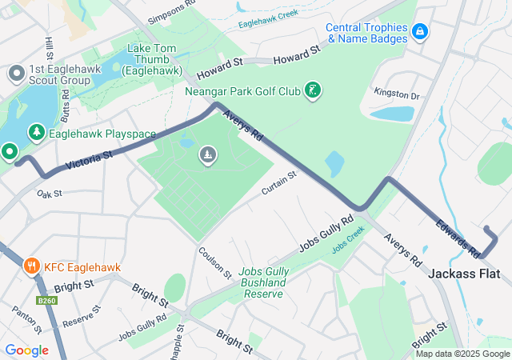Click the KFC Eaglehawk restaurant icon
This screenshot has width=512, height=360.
[32, 265]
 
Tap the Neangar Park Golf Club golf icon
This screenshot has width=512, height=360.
[314, 90]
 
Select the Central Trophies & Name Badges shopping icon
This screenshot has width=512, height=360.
[419, 32]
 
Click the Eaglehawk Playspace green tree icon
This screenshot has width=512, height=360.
[35, 133]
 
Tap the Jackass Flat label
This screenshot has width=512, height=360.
[464, 274]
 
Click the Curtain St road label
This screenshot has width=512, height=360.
[278, 182]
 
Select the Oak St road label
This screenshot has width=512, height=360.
[49, 194]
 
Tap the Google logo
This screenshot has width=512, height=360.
[26, 350]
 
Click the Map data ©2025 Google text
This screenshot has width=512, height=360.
[462, 354]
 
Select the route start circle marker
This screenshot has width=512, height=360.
[10, 150]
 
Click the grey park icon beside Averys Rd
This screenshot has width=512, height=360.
[207, 154]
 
